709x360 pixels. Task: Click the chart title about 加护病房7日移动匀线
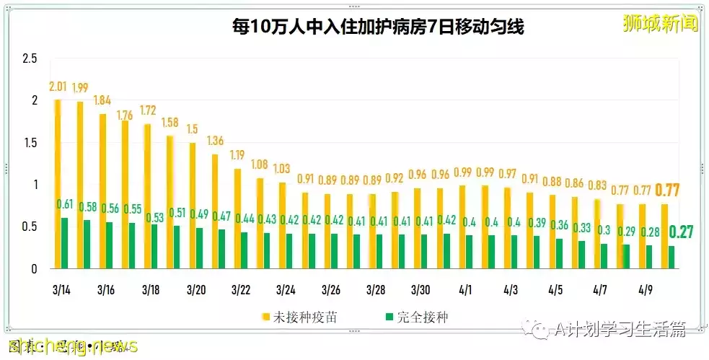377,27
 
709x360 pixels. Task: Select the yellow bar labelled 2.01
58,184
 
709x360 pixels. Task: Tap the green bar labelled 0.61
65,243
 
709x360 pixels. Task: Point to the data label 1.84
102,100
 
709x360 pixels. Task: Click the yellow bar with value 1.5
193,206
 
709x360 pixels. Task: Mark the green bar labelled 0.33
581,255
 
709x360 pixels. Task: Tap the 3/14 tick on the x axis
61,290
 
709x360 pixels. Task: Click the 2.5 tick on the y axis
29,58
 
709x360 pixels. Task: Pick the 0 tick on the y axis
33,269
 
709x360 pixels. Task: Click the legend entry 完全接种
419,317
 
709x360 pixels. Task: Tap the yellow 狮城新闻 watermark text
661,23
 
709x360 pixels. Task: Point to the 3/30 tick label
420,290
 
